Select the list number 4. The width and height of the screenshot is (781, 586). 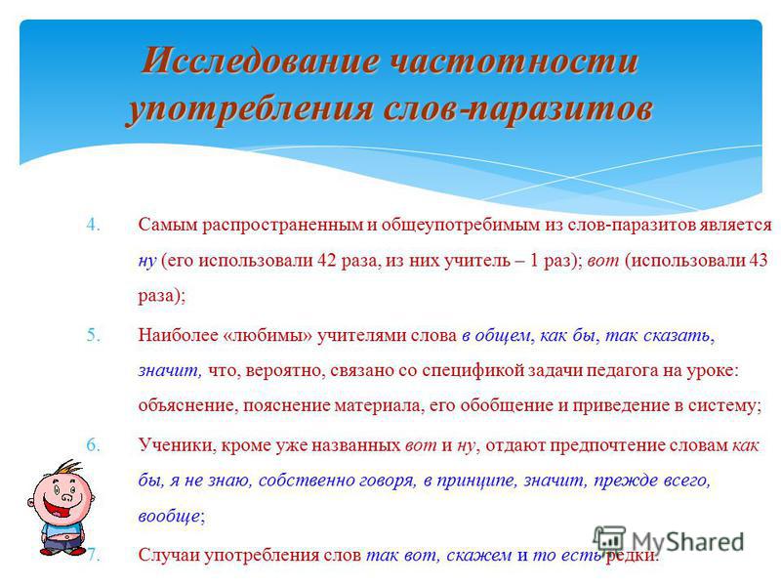click(93, 225)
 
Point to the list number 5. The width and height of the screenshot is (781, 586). click(93, 335)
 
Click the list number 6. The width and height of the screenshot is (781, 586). click(93, 445)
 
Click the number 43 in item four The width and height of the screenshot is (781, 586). click(759, 260)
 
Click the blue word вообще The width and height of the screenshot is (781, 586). click(169, 517)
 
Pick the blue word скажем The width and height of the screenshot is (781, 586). click(478, 555)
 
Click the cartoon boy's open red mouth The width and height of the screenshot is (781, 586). click(58, 506)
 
